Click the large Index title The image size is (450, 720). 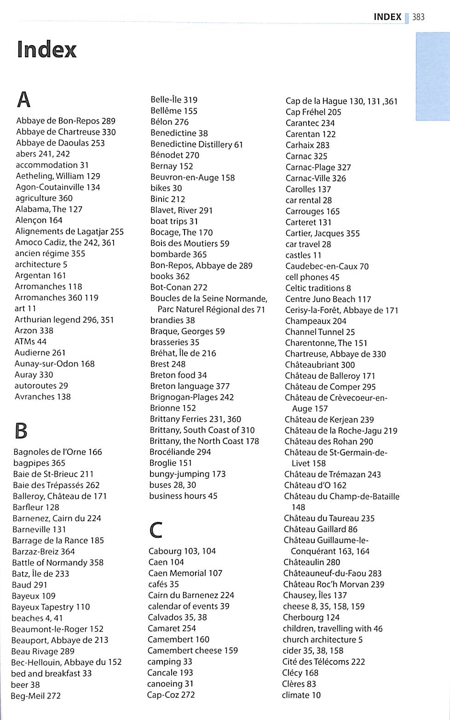coord(46,50)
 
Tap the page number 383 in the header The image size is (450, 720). coord(418,17)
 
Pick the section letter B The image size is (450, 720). coord(21,430)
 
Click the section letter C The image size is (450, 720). coord(156,529)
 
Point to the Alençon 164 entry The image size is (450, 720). coord(39,221)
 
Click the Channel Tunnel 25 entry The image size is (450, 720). coord(320,332)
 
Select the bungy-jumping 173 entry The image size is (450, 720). coord(187,474)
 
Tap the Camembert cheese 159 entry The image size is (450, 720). coord(192,650)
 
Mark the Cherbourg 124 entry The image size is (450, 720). coord(311,617)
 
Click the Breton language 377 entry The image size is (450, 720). coord(190,386)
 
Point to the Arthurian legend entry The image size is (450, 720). coord(64,319)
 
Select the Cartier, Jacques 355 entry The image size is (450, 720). coord(323,233)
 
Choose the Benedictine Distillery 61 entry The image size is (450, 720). coord(196,144)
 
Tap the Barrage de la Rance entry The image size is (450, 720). coord(58,540)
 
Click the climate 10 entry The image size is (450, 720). coord(301,695)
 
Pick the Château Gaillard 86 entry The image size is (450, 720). coord(320,529)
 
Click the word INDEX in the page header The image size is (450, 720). coord(387,17)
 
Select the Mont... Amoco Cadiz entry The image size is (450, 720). coord(65,243)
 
